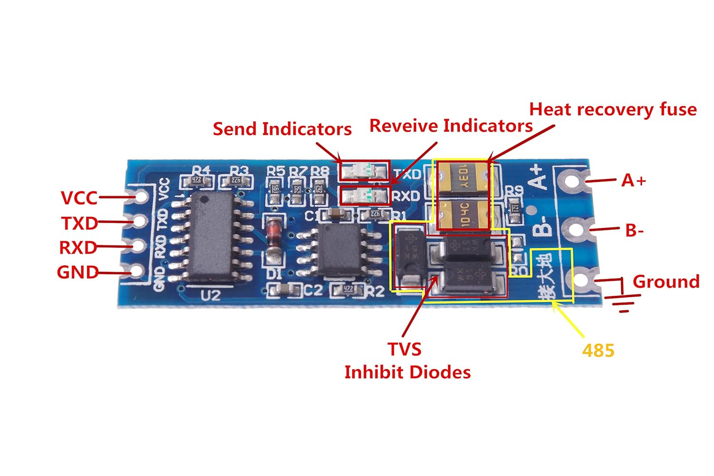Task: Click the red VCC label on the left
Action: click(79, 198)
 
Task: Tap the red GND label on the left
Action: click(77, 272)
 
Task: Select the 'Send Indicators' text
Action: click(282, 129)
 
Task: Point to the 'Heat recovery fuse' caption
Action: click(613, 109)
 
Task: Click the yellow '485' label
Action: click(598, 351)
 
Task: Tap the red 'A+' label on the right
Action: click(634, 181)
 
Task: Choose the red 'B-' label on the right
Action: click(634, 231)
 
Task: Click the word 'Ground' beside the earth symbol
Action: click(665, 281)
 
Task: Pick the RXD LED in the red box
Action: click(364, 195)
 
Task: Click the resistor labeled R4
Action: click(196, 180)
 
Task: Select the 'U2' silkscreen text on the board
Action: click(210, 296)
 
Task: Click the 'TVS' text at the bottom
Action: click(404, 349)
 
